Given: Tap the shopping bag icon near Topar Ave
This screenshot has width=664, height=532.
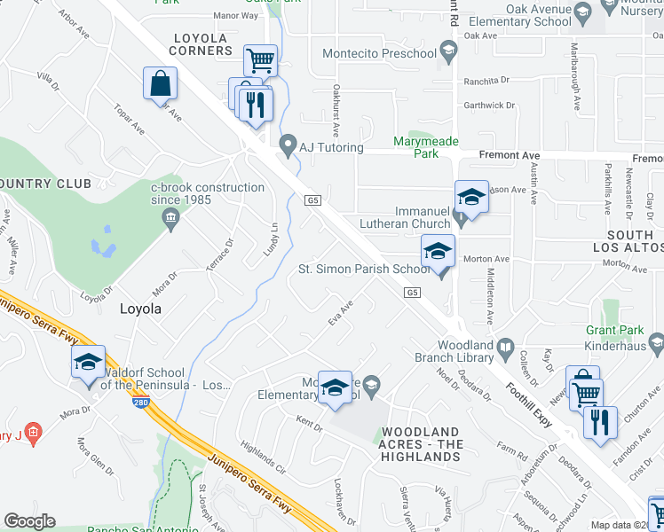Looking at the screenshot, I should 160,84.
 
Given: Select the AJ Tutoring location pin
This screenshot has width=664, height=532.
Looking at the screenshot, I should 288,144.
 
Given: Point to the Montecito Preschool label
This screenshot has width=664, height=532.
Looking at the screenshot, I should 379,54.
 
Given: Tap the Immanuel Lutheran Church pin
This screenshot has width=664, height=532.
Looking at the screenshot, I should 459,216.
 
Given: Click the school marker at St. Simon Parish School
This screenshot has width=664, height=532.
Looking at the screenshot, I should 438,252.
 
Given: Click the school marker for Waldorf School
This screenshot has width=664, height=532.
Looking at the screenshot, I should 88,363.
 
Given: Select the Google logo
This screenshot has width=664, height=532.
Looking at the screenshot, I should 30,521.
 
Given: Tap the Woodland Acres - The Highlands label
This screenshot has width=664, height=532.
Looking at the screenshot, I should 421,444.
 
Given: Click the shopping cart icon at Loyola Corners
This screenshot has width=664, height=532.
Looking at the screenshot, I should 260,61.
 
